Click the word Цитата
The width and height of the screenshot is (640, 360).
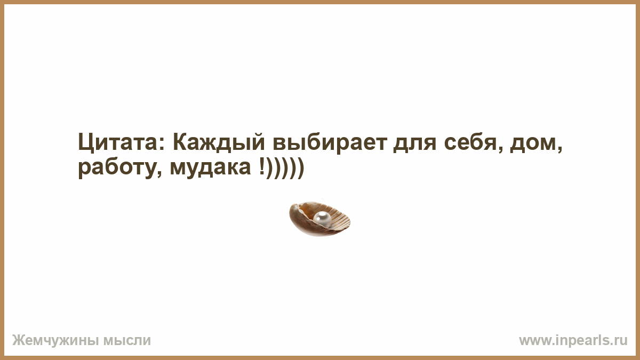118,142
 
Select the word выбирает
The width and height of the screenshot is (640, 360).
330,142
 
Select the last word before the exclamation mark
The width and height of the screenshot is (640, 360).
210,169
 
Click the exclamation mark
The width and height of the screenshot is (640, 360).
262,166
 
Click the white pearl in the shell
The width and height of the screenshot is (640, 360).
322,219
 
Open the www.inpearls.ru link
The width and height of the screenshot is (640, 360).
573,341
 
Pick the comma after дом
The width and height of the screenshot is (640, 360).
559,149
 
